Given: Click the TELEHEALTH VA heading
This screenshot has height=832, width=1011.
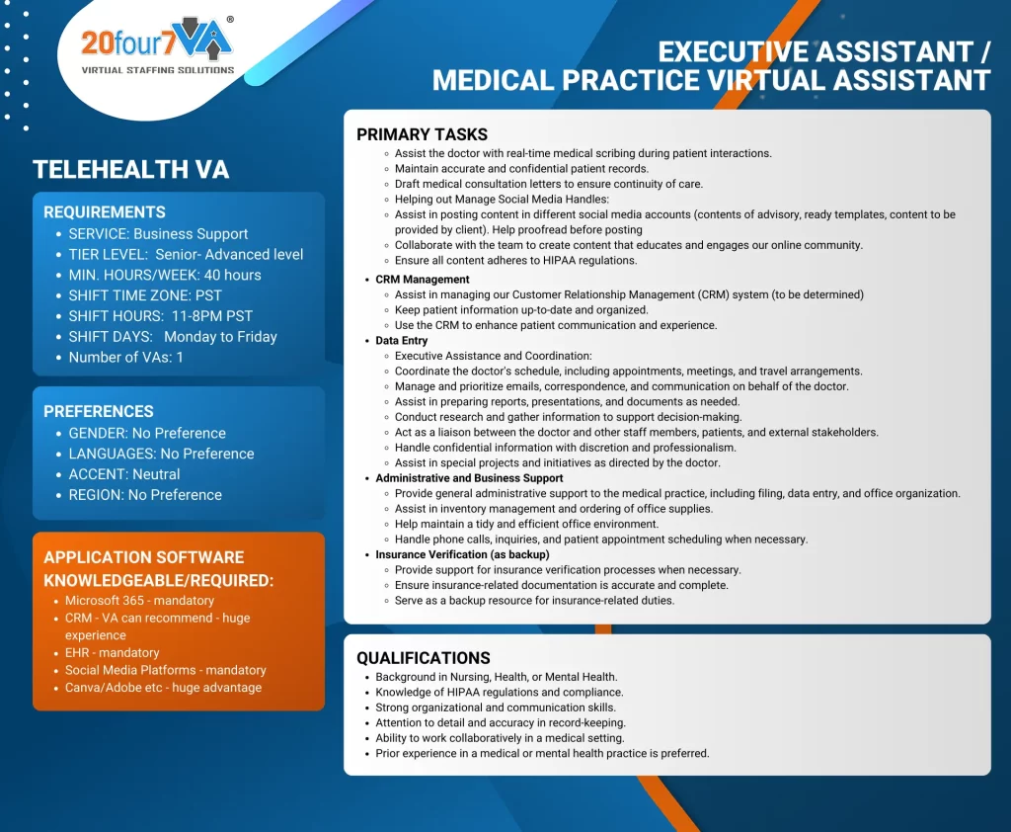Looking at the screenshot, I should click(x=131, y=170).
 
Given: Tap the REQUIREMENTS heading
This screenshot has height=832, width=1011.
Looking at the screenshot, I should click(x=105, y=211).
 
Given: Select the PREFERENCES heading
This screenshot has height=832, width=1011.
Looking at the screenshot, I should click(x=99, y=411).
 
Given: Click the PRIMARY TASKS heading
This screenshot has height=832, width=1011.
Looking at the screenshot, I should click(x=422, y=134).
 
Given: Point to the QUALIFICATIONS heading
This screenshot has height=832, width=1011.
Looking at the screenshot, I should click(x=424, y=658).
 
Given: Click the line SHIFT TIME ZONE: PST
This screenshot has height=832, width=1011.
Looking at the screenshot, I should click(x=145, y=295).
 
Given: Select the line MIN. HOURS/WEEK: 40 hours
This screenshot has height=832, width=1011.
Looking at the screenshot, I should click(x=165, y=275).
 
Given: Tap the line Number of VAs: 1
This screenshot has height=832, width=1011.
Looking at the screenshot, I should click(x=125, y=357).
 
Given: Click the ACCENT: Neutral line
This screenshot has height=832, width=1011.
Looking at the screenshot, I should click(x=124, y=474).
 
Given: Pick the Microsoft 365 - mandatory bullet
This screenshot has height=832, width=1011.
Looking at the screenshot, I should click(x=139, y=601).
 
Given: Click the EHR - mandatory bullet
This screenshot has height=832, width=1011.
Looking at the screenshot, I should click(x=112, y=652).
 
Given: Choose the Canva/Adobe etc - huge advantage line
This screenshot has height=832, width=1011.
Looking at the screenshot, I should click(x=163, y=687).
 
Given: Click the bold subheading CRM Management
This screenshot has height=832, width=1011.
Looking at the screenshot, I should click(x=423, y=280).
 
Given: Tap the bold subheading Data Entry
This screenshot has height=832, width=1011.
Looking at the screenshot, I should click(x=402, y=341).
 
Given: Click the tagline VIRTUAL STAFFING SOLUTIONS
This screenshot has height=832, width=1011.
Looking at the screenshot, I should click(x=158, y=70).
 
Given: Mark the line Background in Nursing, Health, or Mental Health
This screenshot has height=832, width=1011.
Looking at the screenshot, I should click(x=497, y=677).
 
